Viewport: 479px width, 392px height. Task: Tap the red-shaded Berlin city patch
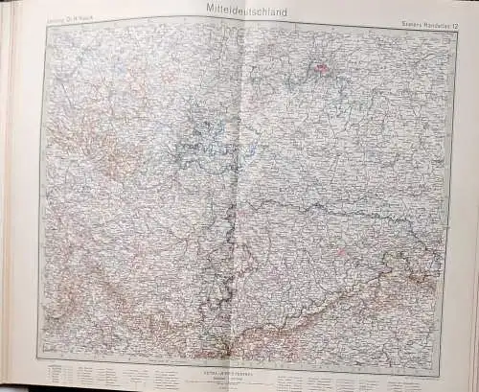(323, 68)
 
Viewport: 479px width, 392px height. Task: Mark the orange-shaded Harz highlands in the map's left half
(115, 153)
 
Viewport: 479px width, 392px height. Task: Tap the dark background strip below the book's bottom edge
(239, 388)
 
